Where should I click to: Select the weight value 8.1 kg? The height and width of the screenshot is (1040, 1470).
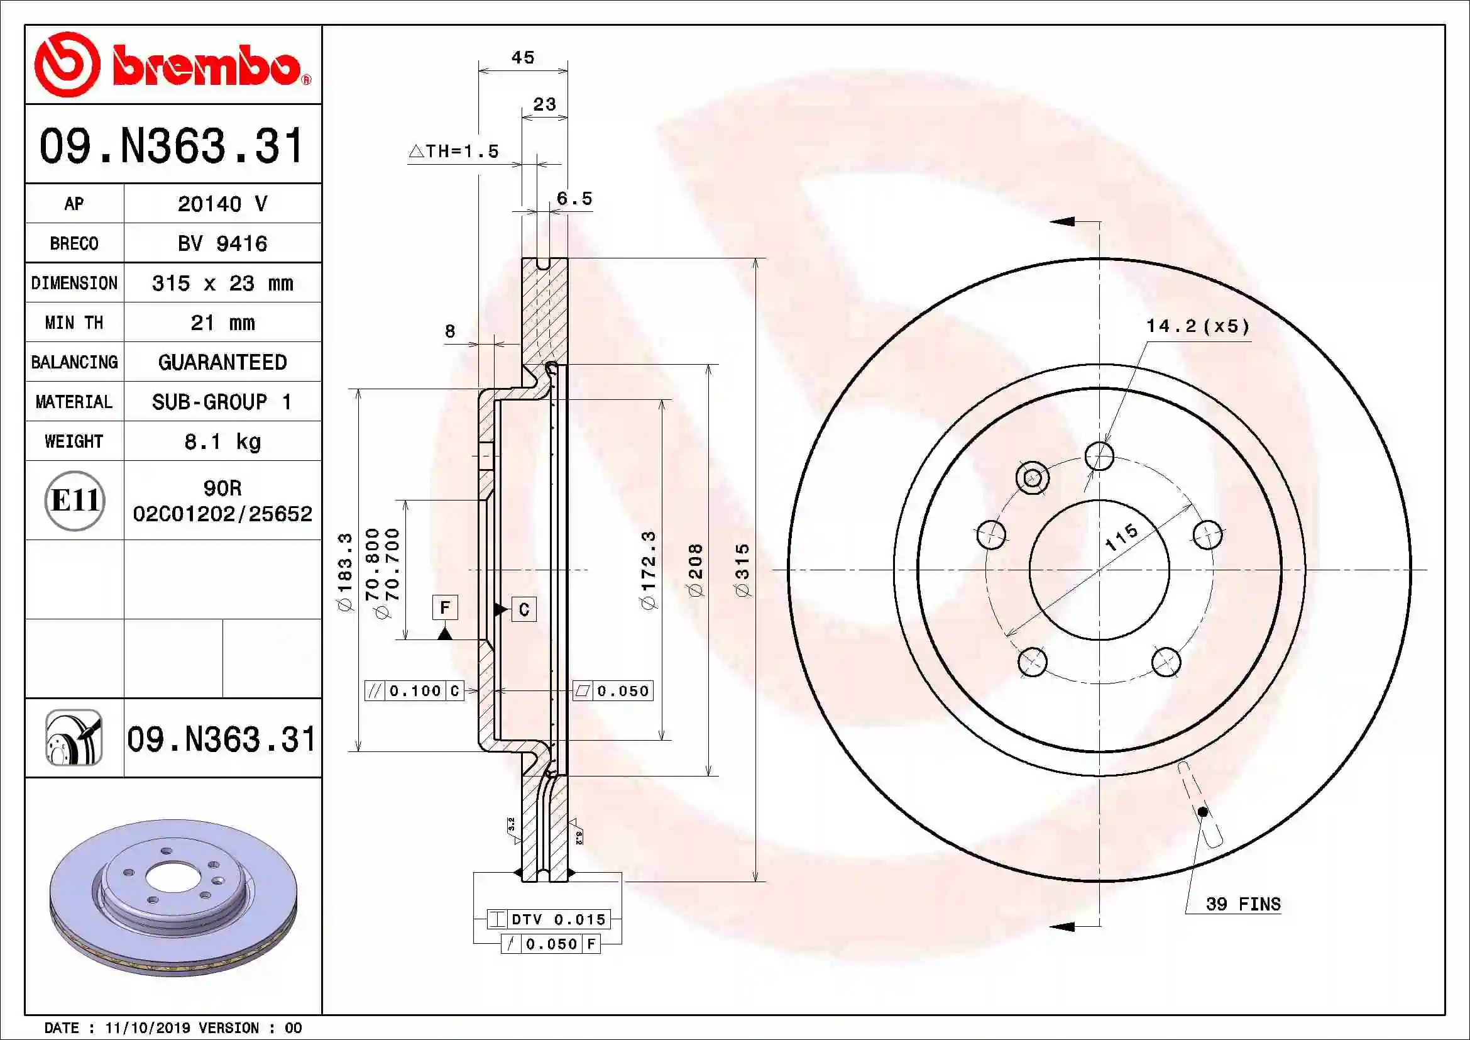[222, 441]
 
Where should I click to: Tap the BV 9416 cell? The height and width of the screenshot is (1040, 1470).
[222, 243]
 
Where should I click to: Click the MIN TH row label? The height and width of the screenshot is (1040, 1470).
[74, 323]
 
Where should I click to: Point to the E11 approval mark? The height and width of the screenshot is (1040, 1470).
[75, 500]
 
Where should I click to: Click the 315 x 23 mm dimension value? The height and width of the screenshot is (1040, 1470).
[222, 283]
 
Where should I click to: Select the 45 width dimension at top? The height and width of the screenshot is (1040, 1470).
[522, 58]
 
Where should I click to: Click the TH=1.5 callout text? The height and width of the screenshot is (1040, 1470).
[454, 152]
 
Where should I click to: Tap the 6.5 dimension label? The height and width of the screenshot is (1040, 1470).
[574, 199]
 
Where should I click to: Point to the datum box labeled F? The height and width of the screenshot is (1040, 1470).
[445, 606]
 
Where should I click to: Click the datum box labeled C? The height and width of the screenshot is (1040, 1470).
[524, 609]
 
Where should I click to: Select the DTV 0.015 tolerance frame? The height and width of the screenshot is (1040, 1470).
[549, 919]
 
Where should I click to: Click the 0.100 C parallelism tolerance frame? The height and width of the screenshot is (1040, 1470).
[414, 690]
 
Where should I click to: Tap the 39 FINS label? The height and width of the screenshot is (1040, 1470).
[1242, 904]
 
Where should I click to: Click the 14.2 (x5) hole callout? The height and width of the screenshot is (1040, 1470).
[1197, 326]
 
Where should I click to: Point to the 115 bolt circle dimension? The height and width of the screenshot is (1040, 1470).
[1121, 536]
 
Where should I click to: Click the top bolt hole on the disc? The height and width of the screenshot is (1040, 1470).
[1099, 456]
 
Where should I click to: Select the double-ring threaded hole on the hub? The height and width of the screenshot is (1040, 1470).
[1032, 478]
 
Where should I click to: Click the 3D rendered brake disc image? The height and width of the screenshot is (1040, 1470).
[173, 897]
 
